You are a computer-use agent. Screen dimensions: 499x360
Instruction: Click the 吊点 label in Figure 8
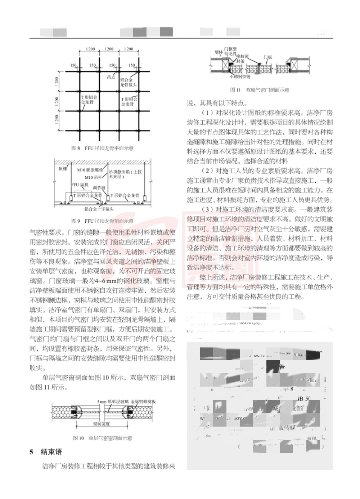point(111,77)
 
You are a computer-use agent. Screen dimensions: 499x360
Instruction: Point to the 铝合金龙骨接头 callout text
point(128,82)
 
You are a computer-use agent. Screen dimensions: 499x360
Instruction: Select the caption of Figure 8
point(102,148)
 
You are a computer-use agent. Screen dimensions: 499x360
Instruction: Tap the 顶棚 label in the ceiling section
point(63,168)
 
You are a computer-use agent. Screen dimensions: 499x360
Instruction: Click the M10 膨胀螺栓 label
point(90,170)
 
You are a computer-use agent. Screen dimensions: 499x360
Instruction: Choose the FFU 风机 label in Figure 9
point(80,185)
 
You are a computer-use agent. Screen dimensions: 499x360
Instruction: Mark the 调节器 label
point(99,188)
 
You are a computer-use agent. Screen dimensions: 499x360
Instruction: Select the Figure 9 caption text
point(102,221)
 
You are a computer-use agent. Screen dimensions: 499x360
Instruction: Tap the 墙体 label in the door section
point(219,52)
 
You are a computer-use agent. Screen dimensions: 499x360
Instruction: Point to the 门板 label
point(267,57)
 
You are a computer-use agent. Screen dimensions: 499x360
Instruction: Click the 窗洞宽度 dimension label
point(101,424)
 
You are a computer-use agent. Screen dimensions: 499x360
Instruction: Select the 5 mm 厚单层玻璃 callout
point(112,401)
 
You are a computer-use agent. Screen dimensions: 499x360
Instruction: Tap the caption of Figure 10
point(102,438)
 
